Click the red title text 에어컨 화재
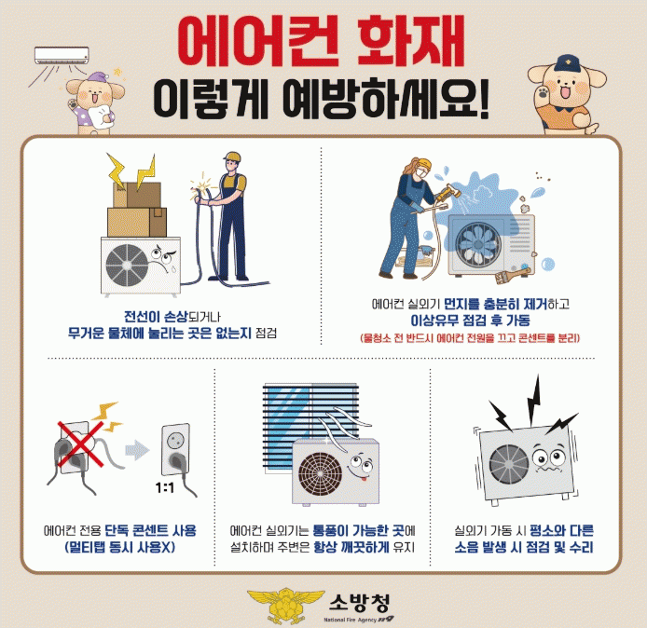pyautogui.click(x=322, y=41)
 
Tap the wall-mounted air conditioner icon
pyautogui.click(x=62, y=55)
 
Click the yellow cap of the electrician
pyautogui.click(x=232, y=157)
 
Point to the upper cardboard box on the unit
pyautogui.click(x=137, y=195)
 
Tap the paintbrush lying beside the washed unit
pyautogui.click(x=512, y=274)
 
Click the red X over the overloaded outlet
pyautogui.click(x=81, y=444)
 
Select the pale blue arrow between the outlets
pyautogui.click(x=137, y=450)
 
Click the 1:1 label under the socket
pyautogui.click(x=165, y=488)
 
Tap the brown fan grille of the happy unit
pyautogui.click(x=320, y=474)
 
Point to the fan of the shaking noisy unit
pyautogui.click(x=509, y=464)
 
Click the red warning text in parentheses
pyautogui.click(x=470, y=338)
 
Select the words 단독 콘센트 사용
pyautogui.click(x=151, y=530)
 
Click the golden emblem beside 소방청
pyautogui.click(x=286, y=605)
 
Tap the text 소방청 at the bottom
pyautogui.click(x=359, y=603)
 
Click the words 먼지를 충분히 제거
pyautogui.click(x=496, y=305)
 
